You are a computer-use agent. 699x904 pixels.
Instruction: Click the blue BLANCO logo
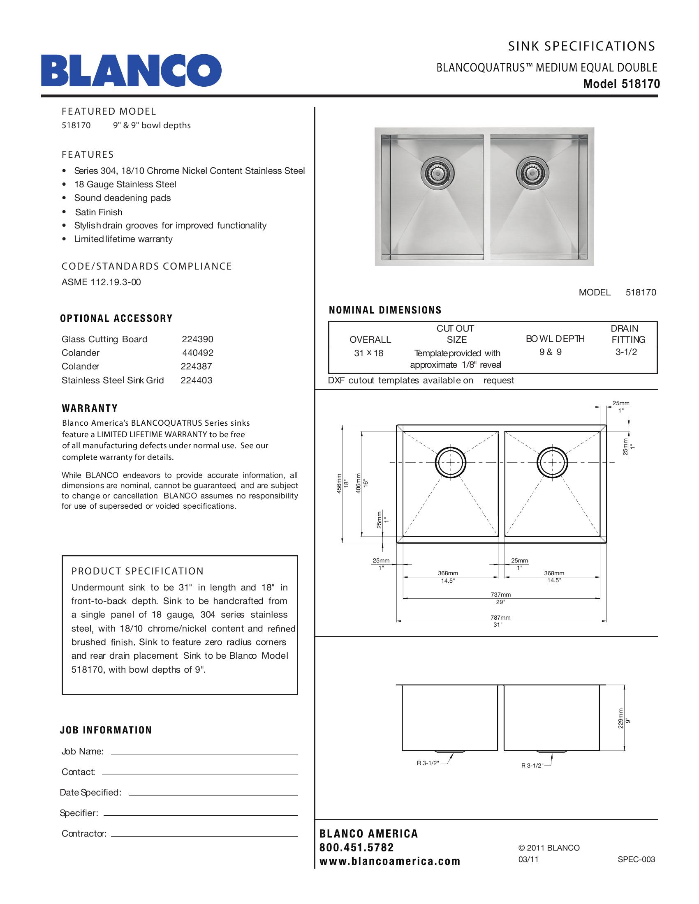131,70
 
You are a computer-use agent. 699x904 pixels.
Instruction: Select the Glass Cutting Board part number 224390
197,339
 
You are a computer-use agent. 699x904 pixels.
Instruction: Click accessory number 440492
197,353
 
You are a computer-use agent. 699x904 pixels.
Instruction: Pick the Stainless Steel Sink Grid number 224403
196,381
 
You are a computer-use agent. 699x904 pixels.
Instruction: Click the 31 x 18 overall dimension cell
368,353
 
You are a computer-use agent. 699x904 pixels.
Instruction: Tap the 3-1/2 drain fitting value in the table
626,352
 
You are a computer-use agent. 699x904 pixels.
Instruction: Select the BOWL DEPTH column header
555,339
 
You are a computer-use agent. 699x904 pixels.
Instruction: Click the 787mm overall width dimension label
500,618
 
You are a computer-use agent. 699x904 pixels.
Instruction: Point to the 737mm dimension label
500,595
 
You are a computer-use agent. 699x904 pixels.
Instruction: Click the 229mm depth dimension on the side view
620,718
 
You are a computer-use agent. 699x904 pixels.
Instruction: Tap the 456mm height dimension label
339,483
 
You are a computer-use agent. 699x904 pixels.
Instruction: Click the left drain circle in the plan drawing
450,462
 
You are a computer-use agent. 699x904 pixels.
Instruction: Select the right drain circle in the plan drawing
552,462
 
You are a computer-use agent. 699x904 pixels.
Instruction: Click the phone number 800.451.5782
356,848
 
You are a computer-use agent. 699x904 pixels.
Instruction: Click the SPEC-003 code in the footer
636,859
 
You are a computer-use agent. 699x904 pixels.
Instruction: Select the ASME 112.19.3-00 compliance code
101,282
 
